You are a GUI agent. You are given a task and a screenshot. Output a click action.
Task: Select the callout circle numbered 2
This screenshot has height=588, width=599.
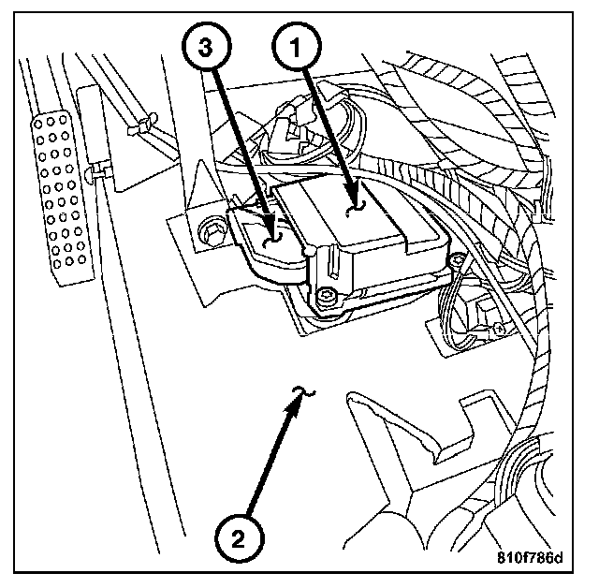tap(237, 537)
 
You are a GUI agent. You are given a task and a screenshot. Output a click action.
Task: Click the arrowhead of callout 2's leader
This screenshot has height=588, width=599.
tap(301, 396)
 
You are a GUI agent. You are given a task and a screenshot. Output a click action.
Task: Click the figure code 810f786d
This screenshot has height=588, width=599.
tap(529, 559)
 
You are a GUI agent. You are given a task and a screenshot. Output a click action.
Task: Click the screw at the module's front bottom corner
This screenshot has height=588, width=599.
tap(324, 297)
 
